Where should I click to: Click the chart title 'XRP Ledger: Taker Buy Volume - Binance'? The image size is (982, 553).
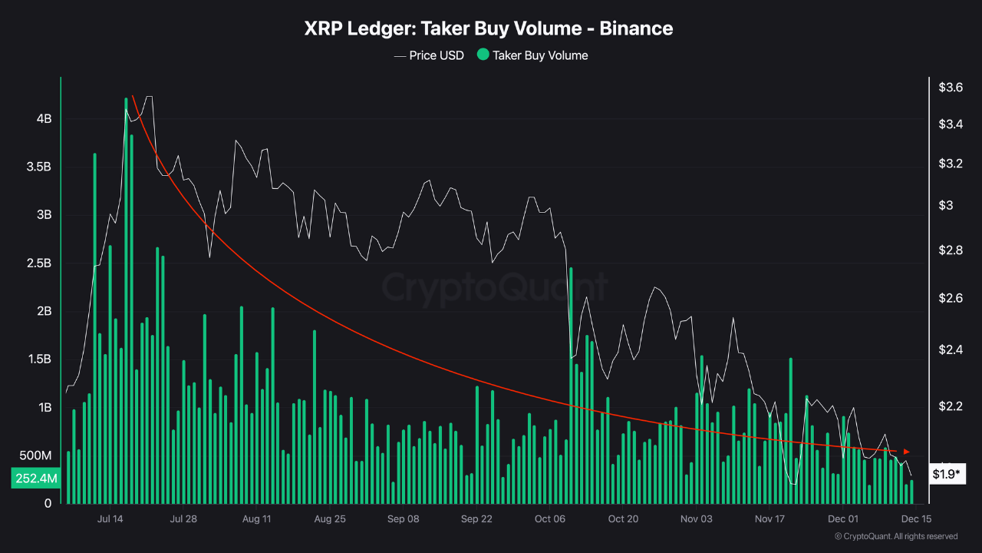(489, 28)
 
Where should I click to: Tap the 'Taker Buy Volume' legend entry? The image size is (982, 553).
(540, 55)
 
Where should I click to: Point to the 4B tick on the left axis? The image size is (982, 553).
(43, 119)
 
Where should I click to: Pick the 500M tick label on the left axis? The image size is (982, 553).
(35, 455)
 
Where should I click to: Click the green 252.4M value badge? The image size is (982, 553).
(35, 478)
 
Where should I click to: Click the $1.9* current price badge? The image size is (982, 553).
(945, 474)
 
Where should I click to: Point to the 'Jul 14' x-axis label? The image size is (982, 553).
(110, 518)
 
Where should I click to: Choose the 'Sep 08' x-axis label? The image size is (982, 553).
(404, 518)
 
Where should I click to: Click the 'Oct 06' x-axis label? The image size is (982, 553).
(550, 518)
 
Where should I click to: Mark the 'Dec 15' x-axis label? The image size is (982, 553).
(916, 518)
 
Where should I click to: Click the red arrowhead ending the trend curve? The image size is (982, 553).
(907, 451)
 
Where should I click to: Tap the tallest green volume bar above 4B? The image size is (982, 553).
(126, 300)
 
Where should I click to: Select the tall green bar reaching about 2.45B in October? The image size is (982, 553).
(572, 384)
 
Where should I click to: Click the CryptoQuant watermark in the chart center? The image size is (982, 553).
(495, 287)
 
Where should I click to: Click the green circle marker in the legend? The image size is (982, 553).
(483, 55)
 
